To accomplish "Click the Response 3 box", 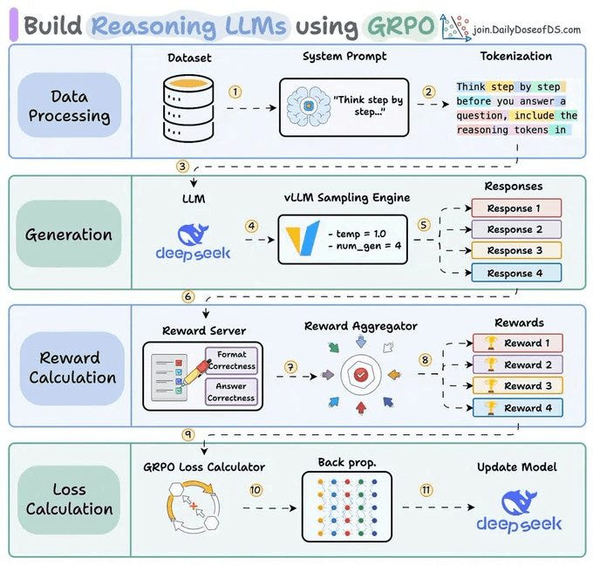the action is point(516,250).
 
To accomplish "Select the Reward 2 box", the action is point(518,364).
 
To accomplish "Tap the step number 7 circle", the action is point(290,367).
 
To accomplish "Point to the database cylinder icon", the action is point(188,108).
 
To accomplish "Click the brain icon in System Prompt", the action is point(308,106).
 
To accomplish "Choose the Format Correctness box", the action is point(231,360).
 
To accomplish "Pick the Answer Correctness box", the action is point(231,391).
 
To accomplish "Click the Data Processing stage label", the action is point(70,106).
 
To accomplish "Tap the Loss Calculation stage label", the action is point(69,500).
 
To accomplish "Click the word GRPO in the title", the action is point(400,26).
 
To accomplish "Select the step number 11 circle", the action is point(426,490).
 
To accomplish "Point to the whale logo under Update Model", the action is point(519,502).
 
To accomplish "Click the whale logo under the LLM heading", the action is point(194,235).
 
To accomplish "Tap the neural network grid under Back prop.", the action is point(347,507).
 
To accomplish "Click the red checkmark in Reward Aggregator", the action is point(360,374).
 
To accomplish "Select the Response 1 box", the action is point(516,208).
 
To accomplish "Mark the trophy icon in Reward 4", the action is point(490,408).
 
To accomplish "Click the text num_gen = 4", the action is point(365,246).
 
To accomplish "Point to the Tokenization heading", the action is point(516,56).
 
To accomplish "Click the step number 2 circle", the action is point(428,92).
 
